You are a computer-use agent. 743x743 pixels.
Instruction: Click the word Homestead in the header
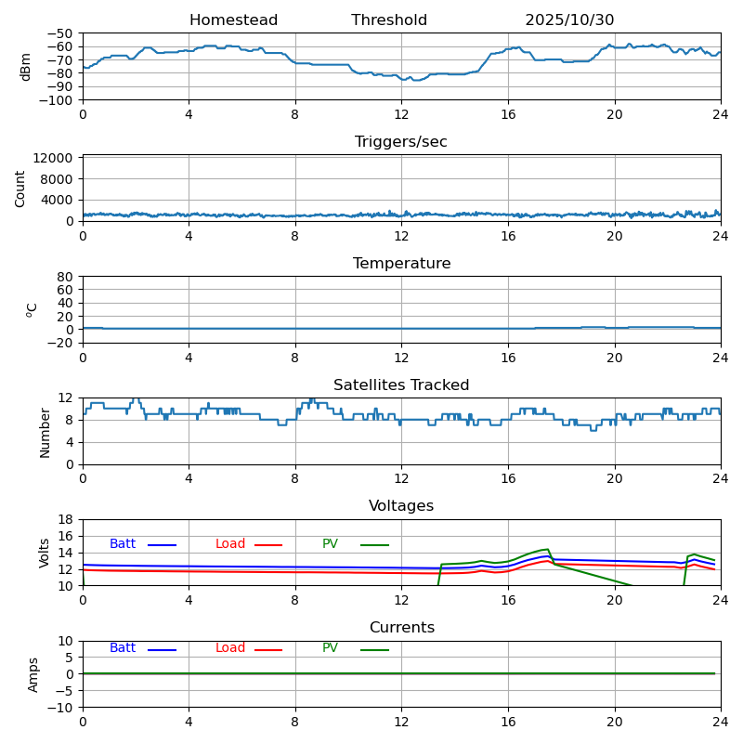(233, 20)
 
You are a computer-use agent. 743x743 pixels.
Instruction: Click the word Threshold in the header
(389, 20)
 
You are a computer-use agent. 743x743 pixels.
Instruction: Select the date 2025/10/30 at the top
(569, 20)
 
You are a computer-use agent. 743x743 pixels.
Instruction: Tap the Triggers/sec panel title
(401, 142)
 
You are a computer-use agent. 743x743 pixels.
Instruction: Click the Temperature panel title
(401, 264)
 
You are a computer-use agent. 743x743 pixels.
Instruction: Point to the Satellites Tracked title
(401, 385)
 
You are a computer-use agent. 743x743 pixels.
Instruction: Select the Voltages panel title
(401, 506)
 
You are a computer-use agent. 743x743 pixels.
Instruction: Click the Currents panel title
(401, 628)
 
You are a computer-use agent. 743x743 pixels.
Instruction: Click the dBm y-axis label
(26, 67)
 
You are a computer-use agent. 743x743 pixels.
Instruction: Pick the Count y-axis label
(21, 189)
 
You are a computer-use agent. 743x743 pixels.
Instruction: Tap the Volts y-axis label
(45, 553)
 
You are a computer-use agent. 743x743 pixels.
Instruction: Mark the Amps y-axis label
(33, 674)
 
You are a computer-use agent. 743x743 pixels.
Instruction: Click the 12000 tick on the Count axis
(54, 159)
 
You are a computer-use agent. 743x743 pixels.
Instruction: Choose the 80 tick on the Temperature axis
(66, 277)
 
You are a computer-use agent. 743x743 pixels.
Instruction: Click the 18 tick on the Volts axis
(66, 520)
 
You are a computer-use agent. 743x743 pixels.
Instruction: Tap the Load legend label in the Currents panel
(230, 648)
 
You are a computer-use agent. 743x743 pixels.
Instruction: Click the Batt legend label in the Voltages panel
(123, 544)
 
